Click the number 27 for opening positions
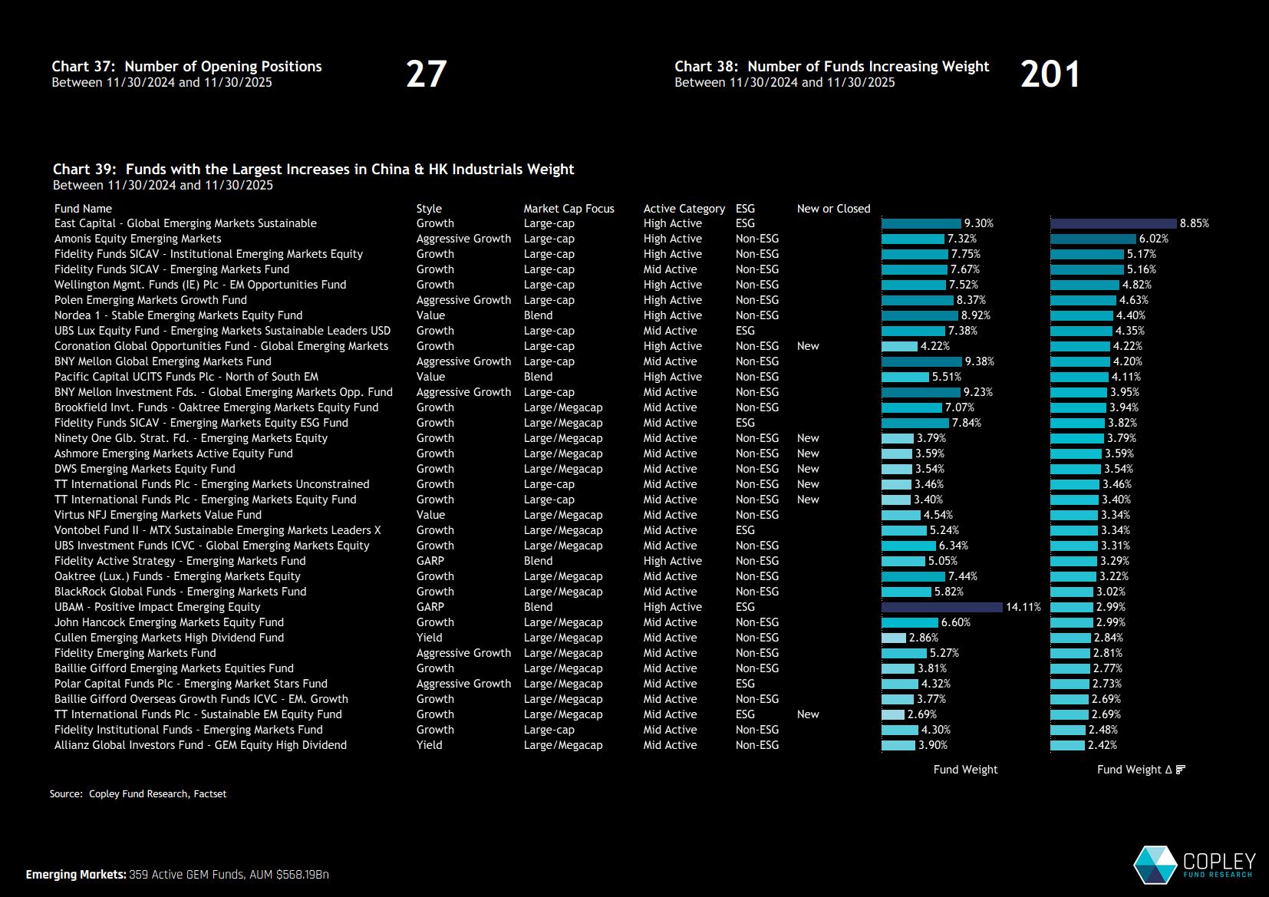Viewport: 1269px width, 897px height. (x=426, y=74)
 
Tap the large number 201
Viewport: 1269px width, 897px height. (x=1050, y=74)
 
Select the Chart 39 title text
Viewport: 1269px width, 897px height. (x=313, y=170)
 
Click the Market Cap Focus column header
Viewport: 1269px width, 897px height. (x=569, y=209)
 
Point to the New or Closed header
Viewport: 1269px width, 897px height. (x=833, y=209)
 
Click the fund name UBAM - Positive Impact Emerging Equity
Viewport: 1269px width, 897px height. (x=157, y=607)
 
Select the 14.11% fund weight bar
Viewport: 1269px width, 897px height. (x=941, y=607)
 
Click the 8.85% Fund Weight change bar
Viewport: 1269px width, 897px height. (x=1112, y=223)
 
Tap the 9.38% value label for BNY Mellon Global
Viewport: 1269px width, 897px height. (x=979, y=361)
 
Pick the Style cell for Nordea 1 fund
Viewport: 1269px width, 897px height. (x=430, y=315)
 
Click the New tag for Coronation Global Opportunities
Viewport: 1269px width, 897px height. (x=808, y=346)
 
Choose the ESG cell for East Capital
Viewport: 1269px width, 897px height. (x=745, y=223)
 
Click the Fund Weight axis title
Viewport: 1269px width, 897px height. (x=965, y=770)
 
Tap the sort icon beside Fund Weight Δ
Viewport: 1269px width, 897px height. (x=1180, y=770)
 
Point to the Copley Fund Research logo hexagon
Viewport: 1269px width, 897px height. (x=1155, y=866)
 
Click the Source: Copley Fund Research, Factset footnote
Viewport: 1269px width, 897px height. (x=138, y=794)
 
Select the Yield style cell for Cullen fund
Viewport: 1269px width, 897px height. (x=429, y=638)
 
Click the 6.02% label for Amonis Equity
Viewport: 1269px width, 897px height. (x=1153, y=239)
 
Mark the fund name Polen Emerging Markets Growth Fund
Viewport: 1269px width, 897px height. (x=150, y=300)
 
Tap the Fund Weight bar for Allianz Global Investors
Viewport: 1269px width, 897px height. (x=898, y=745)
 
